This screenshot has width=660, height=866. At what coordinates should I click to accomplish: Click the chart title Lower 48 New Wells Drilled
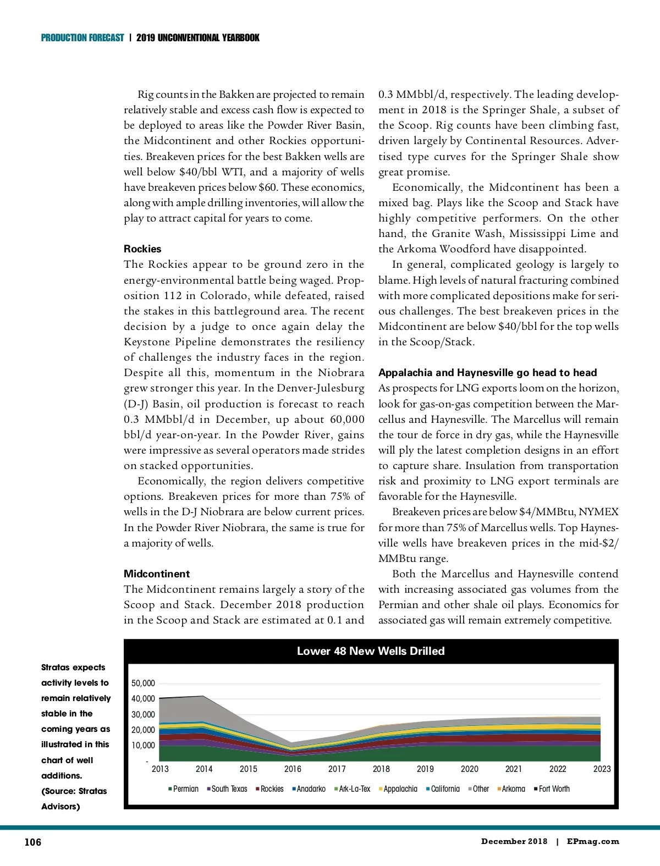tap(371, 651)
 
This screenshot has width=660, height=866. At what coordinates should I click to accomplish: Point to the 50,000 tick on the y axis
tap(143, 683)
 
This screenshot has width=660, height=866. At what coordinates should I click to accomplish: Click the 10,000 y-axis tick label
tap(143, 746)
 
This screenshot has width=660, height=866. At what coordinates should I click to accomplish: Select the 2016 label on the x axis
tap(293, 769)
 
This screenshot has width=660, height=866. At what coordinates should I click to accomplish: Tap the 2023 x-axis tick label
tap(602, 769)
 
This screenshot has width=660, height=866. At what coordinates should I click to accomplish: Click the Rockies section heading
tap(142, 249)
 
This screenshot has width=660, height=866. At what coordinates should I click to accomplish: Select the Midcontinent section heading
tap(157, 574)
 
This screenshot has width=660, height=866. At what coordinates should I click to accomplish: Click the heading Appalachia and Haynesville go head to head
tap(487, 373)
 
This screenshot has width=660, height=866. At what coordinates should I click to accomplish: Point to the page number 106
tap(33, 842)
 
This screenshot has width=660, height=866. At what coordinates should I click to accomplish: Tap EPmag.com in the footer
tap(593, 841)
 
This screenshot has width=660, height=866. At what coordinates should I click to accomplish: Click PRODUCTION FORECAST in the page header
tap(82, 38)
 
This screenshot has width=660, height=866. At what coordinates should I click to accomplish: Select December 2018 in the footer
tap(514, 841)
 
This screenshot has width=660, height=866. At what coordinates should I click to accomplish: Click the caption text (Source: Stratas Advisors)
tap(74, 798)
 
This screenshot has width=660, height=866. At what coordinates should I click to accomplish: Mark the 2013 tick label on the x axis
tap(160, 769)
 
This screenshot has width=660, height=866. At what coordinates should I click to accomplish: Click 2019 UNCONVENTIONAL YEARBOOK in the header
tap(198, 38)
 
